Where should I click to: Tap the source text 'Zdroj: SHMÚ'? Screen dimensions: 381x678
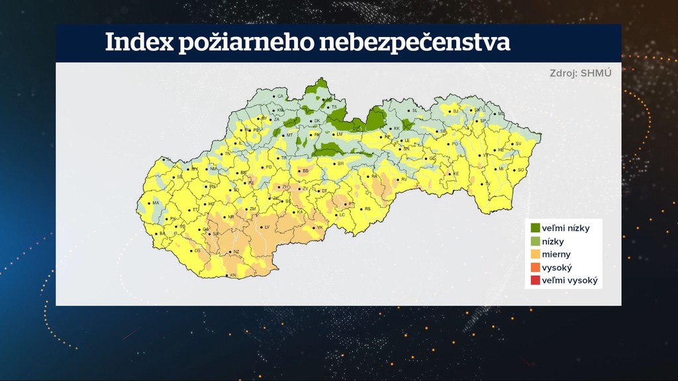(576, 73)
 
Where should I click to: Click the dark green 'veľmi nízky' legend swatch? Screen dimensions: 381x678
(535, 228)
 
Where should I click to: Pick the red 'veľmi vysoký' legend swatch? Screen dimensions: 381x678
(535, 280)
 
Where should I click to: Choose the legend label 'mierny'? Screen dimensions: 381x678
(556, 254)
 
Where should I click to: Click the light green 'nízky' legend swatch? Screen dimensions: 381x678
(535, 241)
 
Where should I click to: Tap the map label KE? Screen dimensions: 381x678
(456, 174)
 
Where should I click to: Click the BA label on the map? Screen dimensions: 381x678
(161, 233)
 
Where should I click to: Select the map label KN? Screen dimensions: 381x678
(232, 275)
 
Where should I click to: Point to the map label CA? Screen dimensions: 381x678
(279, 97)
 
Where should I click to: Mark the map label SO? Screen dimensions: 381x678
(520, 170)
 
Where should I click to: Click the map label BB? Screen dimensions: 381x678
(306, 171)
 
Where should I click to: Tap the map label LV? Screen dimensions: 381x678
(267, 227)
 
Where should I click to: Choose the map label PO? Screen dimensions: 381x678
(455, 144)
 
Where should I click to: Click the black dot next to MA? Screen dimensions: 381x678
(149, 203)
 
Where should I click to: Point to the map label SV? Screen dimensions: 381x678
(518, 144)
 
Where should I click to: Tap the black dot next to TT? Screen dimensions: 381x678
(188, 210)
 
